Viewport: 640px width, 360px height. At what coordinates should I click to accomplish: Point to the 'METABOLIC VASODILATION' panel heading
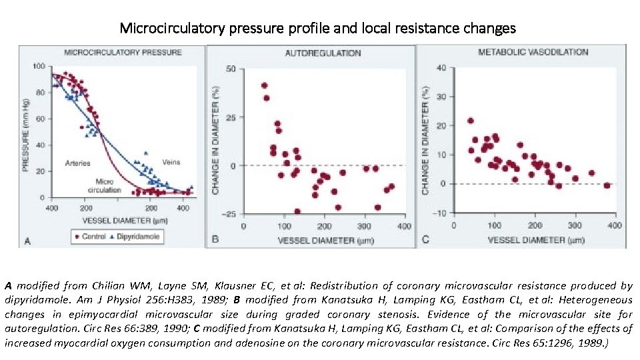(533, 51)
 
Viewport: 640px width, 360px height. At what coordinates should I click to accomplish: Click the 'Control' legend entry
(93, 237)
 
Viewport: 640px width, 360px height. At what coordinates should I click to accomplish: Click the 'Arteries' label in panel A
(78, 163)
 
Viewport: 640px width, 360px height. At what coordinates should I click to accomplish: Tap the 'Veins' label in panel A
(171, 162)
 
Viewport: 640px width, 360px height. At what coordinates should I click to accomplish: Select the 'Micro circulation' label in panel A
(105, 185)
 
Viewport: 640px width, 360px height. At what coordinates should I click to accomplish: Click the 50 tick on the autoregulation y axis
(231, 69)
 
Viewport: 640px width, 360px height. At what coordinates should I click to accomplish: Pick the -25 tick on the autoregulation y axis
(229, 214)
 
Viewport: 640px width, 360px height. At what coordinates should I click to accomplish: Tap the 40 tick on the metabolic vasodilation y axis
(441, 67)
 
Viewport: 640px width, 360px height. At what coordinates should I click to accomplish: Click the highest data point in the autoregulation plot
(264, 85)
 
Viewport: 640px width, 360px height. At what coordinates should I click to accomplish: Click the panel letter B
(215, 239)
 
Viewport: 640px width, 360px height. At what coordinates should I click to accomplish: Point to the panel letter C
(425, 239)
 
